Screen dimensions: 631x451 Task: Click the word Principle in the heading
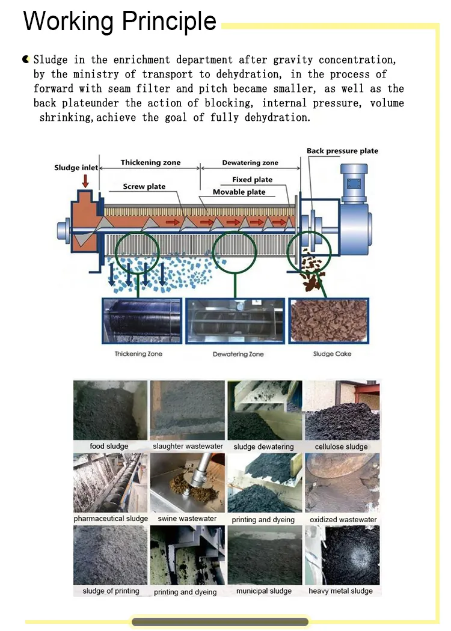tap(169, 22)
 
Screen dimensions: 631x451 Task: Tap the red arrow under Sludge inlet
tap(85, 180)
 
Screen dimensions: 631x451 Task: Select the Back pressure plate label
tap(342, 151)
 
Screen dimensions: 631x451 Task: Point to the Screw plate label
tap(144, 186)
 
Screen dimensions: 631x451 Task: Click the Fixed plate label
tap(252, 180)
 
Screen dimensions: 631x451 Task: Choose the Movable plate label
tap(239, 192)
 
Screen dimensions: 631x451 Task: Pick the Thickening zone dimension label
tap(150, 163)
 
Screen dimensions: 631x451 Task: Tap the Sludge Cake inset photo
tap(328, 320)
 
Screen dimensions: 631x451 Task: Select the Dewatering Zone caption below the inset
tap(238, 355)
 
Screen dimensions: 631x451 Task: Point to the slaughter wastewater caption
tap(188, 447)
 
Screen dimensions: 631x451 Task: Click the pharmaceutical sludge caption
tap(111, 519)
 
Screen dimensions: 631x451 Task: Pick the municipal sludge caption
tap(264, 591)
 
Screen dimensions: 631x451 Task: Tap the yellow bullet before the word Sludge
tap(26, 59)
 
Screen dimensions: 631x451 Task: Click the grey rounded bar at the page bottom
tap(220, 622)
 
